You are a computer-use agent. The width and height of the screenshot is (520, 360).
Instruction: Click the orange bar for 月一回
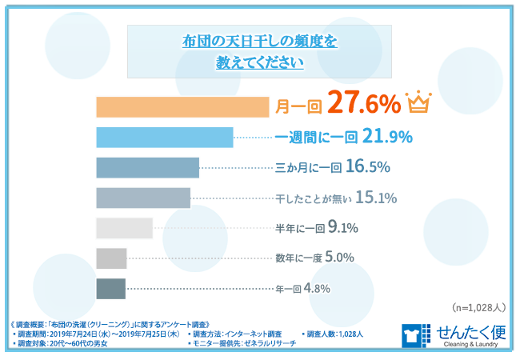coord(182,106)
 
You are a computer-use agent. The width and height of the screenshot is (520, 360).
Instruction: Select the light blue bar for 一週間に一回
coord(164,137)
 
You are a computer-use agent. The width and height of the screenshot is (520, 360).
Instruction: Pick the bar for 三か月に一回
coord(147,167)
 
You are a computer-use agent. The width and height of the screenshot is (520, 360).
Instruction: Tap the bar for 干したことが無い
coord(142,198)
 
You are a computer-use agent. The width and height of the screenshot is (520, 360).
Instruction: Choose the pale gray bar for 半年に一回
coord(124,228)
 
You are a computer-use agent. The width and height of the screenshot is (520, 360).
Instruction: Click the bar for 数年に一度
coord(111,258)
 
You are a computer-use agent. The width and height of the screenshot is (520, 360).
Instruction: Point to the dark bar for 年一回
coord(110,289)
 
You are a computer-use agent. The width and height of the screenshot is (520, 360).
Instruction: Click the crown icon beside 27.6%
coord(418,103)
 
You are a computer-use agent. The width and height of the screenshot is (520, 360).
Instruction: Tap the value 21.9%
coord(388,137)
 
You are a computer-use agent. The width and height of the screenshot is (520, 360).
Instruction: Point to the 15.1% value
coord(376,198)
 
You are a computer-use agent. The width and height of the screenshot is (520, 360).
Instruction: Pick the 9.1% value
coord(342,228)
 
